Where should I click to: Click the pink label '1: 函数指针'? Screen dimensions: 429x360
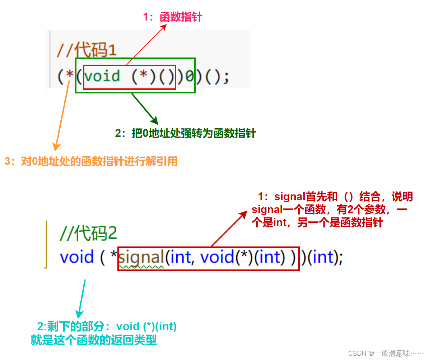click(x=173, y=17)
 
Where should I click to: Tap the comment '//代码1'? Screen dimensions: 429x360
click(x=87, y=51)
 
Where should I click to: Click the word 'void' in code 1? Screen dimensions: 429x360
click(x=102, y=76)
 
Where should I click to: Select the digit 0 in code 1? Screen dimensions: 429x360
click(x=190, y=77)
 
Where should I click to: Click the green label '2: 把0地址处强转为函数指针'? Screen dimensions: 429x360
click(x=185, y=133)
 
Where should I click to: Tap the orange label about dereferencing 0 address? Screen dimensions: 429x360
click(x=91, y=161)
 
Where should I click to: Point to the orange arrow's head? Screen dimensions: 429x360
click(x=56, y=147)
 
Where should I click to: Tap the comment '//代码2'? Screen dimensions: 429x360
click(x=88, y=234)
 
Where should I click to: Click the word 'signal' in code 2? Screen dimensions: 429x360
click(x=141, y=257)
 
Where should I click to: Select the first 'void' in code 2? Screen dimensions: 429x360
click(x=77, y=257)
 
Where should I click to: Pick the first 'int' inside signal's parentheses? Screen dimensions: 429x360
click(x=180, y=257)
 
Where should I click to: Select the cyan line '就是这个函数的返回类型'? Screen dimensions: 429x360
click(x=94, y=340)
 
